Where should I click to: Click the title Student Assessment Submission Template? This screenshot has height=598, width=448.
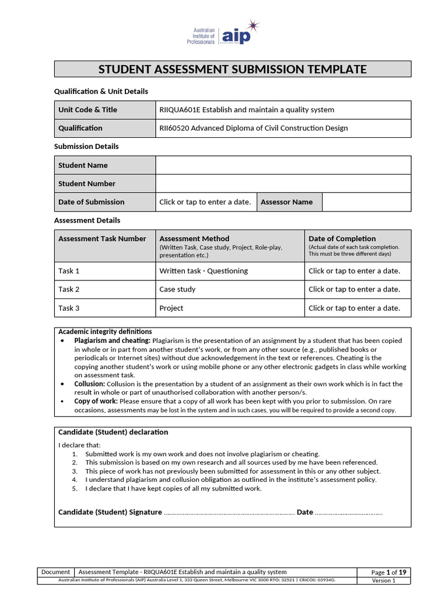click(232, 69)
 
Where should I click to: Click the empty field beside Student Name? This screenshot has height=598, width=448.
click(283, 165)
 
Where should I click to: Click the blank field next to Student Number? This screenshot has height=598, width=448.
click(283, 183)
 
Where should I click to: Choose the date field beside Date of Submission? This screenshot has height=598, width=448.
click(205, 202)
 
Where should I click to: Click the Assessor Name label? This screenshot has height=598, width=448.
click(286, 202)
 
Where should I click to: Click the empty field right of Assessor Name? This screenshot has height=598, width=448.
click(366, 202)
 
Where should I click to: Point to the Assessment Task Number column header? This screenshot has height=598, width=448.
click(102, 239)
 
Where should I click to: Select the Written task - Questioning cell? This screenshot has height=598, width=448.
click(204, 271)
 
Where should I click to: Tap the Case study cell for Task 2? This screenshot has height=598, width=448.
click(177, 290)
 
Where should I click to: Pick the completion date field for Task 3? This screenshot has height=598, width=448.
click(354, 308)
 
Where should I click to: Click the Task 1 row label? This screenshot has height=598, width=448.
click(69, 271)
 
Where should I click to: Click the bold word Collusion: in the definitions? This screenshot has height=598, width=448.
click(89, 384)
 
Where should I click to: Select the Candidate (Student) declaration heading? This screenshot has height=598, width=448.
click(113, 433)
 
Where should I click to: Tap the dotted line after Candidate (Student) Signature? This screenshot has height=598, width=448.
click(229, 513)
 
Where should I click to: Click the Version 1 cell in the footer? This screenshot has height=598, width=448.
click(384, 580)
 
